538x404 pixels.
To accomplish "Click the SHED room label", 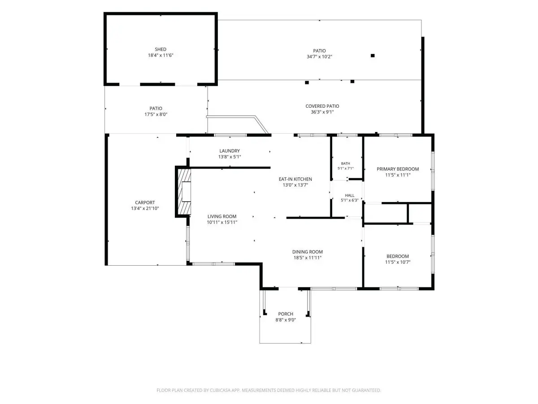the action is (161, 49).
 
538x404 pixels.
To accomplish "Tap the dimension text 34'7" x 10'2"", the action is (319, 57).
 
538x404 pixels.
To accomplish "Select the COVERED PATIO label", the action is (322, 106).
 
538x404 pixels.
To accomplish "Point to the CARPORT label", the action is (145, 202).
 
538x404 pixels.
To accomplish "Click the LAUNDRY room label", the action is (230, 151).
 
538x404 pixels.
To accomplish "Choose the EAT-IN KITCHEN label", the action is (295, 179).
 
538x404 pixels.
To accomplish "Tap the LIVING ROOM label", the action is (222, 216).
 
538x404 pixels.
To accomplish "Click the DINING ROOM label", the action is (308, 252).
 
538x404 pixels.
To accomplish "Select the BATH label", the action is (345, 163).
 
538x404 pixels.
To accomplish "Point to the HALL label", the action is (350, 195).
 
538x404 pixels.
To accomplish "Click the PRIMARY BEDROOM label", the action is (398, 169).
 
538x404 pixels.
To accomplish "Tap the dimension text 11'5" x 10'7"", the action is (398, 262).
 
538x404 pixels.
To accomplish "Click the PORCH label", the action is (286, 314).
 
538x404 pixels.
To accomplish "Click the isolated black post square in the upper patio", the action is (373, 56).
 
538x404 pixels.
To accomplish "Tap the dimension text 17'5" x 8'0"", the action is (156, 114).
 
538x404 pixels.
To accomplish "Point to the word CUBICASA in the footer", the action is (219, 390).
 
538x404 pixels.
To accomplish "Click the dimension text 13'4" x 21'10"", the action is (145, 208).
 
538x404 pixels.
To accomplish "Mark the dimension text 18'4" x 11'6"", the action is (161, 55).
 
